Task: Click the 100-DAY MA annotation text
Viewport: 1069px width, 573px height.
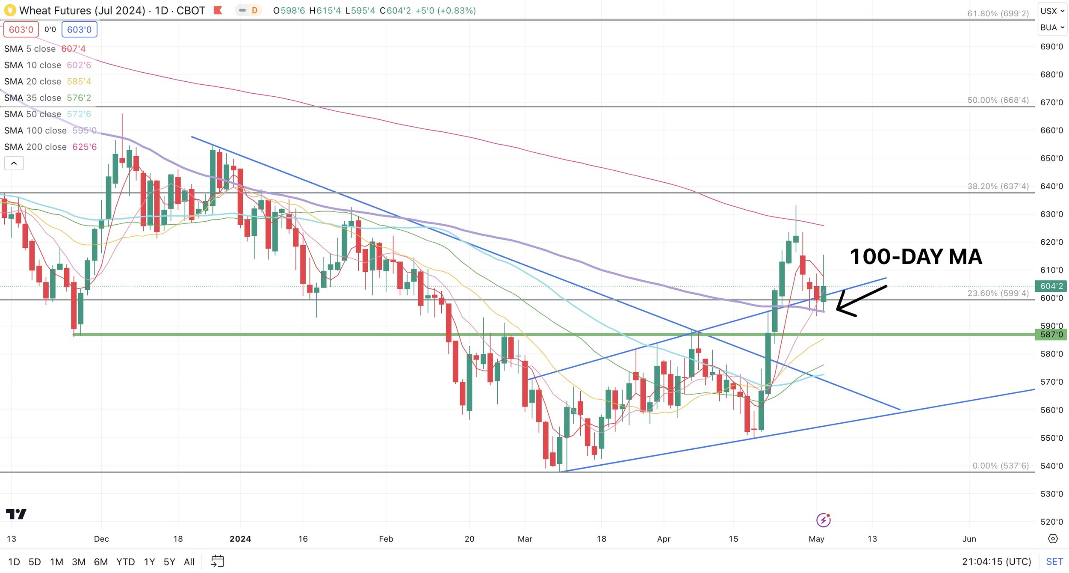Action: click(916, 257)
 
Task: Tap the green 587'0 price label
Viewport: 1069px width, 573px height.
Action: click(1051, 334)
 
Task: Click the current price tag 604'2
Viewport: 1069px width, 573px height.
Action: click(1051, 286)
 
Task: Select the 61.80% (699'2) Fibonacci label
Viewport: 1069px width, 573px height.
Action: click(998, 13)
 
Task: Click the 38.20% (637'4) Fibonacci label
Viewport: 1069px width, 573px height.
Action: click(998, 186)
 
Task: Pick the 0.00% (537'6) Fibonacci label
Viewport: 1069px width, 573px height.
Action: click(1001, 466)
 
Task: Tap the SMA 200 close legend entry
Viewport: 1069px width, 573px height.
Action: click(50, 147)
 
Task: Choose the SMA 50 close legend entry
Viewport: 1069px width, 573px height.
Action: click(47, 114)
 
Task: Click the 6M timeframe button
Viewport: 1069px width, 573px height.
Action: click(101, 562)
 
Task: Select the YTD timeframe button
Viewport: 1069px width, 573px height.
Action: click(126, 562)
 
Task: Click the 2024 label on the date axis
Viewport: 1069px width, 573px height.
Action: click(240, 539)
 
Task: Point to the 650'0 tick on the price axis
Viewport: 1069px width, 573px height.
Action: click(1051, 158)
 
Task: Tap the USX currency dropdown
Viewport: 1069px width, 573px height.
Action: click(1052, 11)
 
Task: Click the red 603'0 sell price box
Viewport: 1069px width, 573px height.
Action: click(21, 30)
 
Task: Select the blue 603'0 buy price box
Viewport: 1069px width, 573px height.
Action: click(80, 30)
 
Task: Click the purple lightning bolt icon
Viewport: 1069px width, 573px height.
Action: click(823, 520)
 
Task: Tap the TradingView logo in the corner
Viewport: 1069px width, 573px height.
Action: click(16, 514)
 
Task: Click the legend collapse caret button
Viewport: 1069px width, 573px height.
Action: click(14, 163)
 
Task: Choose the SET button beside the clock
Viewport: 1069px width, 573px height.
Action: click(1054, 562)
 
